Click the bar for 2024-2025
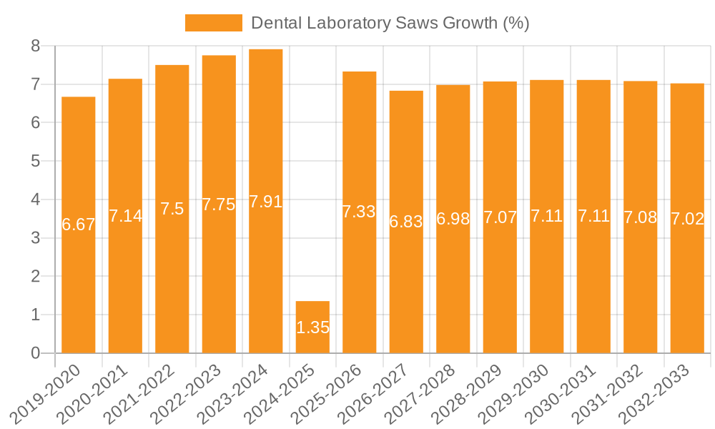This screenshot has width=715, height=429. [312, 327]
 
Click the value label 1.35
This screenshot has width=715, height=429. [312, 327]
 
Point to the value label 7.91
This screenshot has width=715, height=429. [266, 202]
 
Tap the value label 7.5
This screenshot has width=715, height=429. [172, 209]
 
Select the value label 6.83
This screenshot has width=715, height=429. [406, 221]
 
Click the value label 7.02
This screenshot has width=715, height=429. [687, 219]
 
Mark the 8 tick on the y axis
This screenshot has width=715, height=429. [35, 46]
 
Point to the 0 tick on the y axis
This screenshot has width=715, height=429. [35, 353]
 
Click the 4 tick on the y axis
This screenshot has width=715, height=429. [35, 200]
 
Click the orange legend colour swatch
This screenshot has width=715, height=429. [213, 23]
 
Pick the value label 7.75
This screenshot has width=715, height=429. [219, 204]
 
